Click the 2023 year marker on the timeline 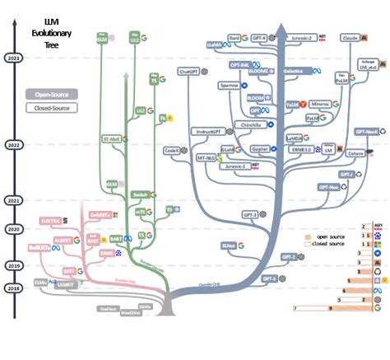tap(12, 58)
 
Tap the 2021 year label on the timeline tap(12, 200)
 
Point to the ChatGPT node tap(189, 72)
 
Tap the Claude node tap(350, 38)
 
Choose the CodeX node tap(172, 152)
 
